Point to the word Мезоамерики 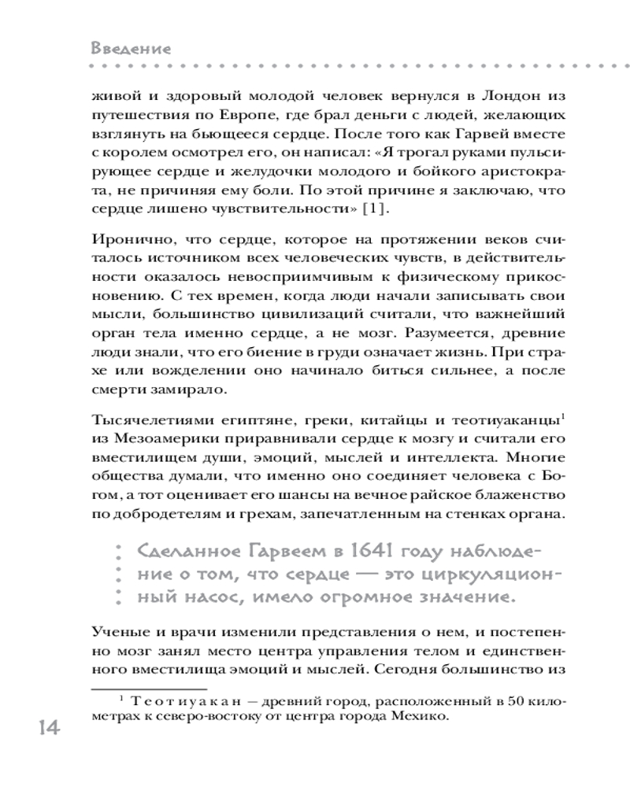(152, 434)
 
